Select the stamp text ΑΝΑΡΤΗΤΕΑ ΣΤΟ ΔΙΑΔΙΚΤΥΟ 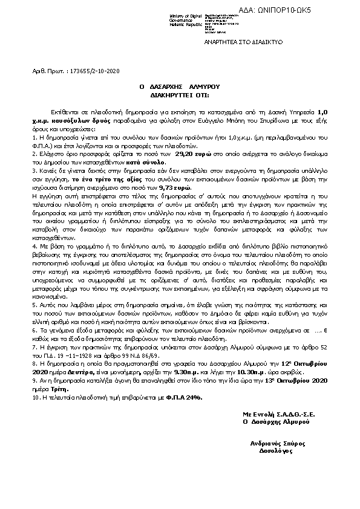240,45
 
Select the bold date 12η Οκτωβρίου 304,366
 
